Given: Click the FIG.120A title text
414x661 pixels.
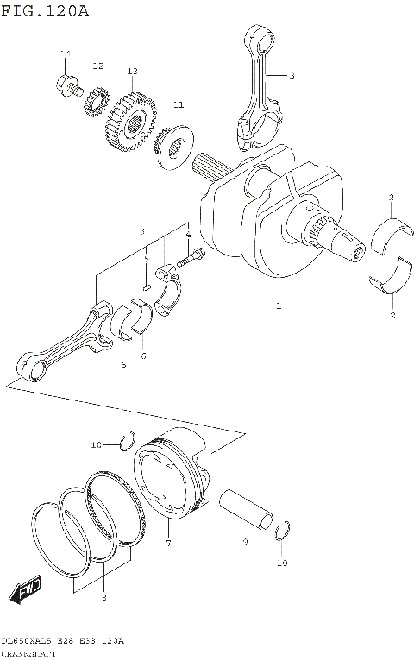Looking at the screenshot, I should tap(45, 10).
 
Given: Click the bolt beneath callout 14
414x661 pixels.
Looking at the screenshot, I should tap(68, 85).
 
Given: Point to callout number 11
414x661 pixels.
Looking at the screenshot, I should tap(178, 104).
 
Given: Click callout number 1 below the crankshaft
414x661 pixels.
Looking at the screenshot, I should tap(278, 305).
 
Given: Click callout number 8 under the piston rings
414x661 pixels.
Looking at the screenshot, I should tap(103, 597).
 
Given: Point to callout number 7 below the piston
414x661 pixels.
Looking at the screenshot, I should tap(169, 544).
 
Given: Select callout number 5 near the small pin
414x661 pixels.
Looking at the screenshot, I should tap(147, 258).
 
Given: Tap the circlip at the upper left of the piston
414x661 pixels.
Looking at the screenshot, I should tap(127, 442).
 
